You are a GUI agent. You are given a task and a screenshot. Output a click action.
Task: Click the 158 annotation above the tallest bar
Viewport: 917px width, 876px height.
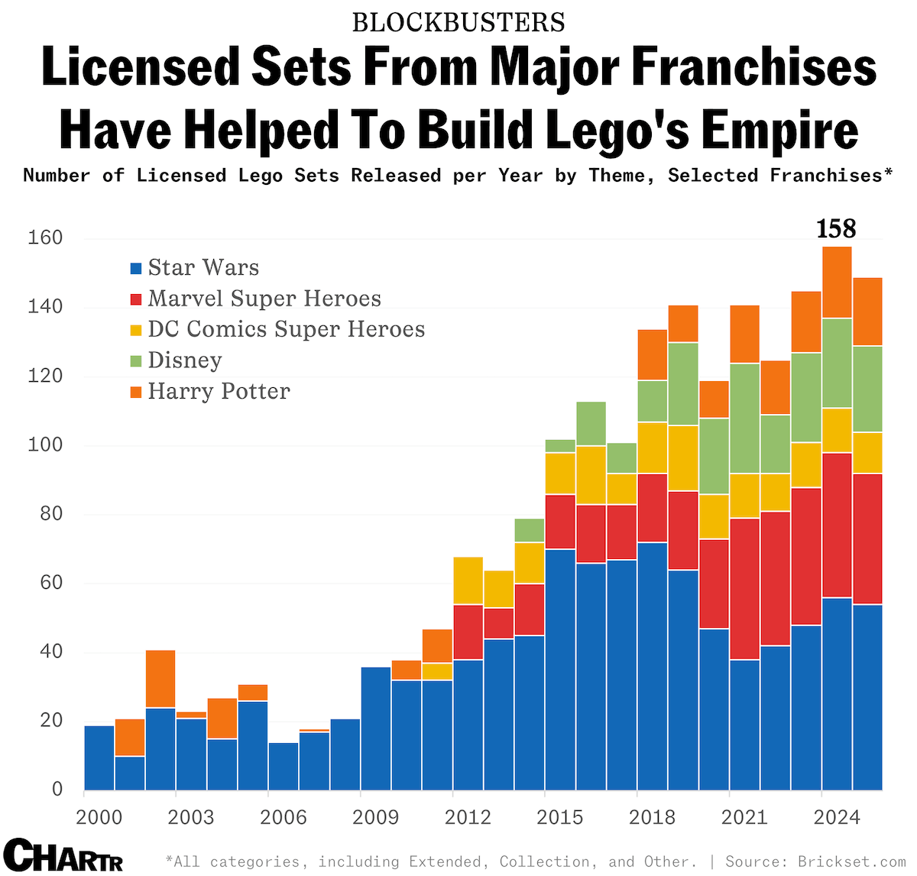click(836, 228)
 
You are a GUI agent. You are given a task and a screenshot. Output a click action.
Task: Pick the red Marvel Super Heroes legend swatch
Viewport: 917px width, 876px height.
click(137, 299)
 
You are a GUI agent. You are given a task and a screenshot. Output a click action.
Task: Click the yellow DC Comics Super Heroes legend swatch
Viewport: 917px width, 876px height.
click(137, 330)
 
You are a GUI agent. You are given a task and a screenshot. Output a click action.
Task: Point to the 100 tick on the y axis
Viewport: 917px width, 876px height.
click(45, 445)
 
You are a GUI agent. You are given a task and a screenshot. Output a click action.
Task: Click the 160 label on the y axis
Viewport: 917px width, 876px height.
click(45, 238)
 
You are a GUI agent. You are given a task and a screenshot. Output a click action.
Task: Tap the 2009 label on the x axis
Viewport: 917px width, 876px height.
click(375, 817)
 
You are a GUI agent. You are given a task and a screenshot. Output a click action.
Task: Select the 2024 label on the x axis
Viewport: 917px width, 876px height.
click(837, 817)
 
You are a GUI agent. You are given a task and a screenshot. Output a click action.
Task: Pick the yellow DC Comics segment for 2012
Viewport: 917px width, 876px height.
click(468, 580)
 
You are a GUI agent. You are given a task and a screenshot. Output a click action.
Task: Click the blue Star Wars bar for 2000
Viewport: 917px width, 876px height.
click(99, 758)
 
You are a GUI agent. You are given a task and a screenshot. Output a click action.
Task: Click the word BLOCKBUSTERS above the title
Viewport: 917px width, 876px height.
click(458, 23)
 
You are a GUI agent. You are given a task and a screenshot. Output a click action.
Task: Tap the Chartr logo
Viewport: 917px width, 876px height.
click(63, 855)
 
